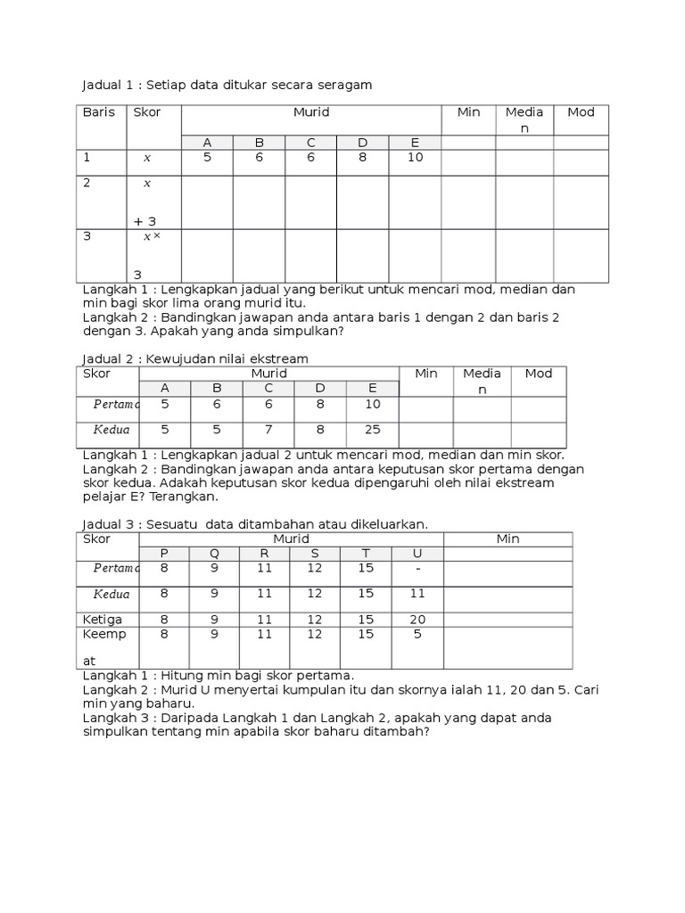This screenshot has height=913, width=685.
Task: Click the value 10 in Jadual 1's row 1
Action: pyautogui.click(x=416, y=158)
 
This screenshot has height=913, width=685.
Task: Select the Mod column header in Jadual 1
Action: pyautogui.click(x=581, y=112)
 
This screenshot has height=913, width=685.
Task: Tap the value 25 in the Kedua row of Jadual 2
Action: pyautogui.click(x=372, y=430)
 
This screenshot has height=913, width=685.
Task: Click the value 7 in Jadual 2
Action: pyautogui.click(x=268, y=430)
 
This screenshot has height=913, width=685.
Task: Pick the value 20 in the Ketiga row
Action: pyautogui.click(x=417, y=620)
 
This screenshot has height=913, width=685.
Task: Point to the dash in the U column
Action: pyautogui.click(x=417, y=568)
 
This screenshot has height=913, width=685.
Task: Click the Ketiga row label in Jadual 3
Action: pyautogui.click(x=103, y=620)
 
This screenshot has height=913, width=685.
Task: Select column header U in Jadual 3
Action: pyautogui.click(x=417, y=553)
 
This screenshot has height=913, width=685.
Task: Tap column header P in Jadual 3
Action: pyautogui.click(x=163, y=553)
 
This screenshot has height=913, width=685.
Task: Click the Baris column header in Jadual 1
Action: pyautogui.click(x=99, y=112)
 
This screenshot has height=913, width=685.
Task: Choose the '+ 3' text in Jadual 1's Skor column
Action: pyautogui.click(x=145, y=221)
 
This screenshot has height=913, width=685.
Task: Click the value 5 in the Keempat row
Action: pyautogui.click(x=417, y=635)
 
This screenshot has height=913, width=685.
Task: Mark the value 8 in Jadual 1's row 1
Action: pyautogui.click(x=363, y=158)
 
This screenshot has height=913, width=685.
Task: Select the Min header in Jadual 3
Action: pyautogui.click(x=508, y=539)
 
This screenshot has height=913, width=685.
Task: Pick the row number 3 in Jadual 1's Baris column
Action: pyautogui.click(x=87, y=236)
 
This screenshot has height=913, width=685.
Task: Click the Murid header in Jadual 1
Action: pyautogui.click(x=311, y=112)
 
